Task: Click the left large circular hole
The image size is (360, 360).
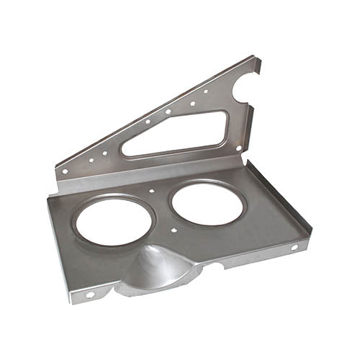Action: click(x=114, y=220)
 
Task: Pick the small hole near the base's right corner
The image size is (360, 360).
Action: click(x=294, y=248)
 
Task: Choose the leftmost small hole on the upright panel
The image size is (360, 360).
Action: click(x=66, y=171)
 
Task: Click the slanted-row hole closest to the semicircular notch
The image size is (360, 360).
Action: click(x=206, y=91)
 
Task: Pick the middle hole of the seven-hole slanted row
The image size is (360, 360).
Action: click(x=148, y=122)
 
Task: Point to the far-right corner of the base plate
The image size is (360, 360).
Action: click(x=311, y=234)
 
